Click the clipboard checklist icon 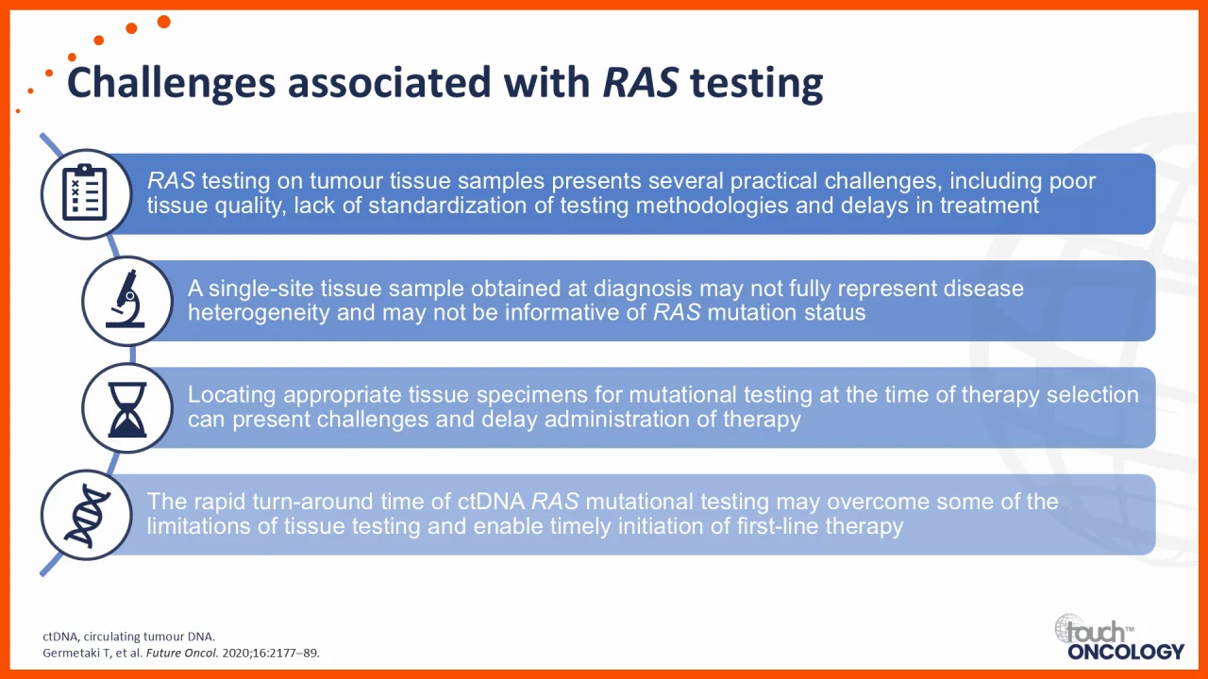(x=85, y=193)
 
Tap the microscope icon (x=126, y=299)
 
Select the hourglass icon (x=127, y=409)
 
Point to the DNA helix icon (x=87, y=515)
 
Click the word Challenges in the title (x=171, y=83)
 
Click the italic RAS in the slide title (x=640, y=82)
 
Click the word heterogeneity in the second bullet (x=259, y=312)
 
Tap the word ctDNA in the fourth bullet (x=492, y=502)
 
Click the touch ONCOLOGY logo (x=1119, y=638)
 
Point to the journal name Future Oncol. (x=182, y=654)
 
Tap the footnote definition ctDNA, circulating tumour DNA (x=129, y=637)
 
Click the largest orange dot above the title (x=164, y=22)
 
